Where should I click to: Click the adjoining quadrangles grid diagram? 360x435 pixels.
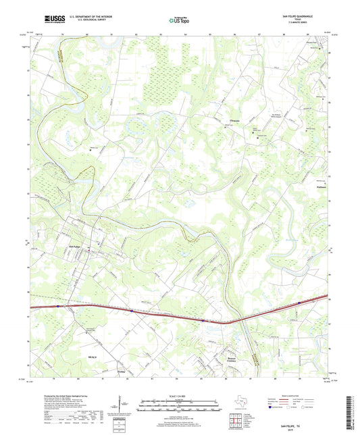(x=236, y=419)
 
